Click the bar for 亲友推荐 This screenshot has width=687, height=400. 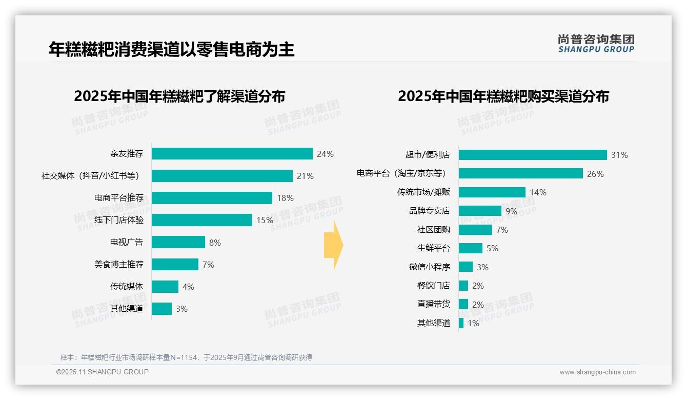click(x=232, y=154)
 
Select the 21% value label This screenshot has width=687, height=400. click(x=305, y=176)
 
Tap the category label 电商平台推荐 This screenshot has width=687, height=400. click(x=119, y=198)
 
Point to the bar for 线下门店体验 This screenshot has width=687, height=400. click(x=201, y=220)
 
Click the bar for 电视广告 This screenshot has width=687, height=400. click(x=178, y=242)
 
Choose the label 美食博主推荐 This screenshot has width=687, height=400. click(x=119, y=265)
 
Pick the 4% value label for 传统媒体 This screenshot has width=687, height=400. click(x=188, y=287)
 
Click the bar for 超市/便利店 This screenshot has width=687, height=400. click(x=533, y=155)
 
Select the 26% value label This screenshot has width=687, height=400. click(x=595, y=174)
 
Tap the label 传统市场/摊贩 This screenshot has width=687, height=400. click(x=423, y=192)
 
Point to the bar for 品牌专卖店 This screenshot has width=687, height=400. click(x=480, y=211)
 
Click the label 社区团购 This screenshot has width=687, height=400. click(x=433, y=230)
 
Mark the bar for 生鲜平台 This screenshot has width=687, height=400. click(x=471, y=248)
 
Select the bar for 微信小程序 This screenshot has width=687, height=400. click(x=466, y=267)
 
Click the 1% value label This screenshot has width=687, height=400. click(x=473, y=323)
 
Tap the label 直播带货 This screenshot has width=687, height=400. click(x=433, y=304)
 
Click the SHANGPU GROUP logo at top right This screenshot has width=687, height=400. click(x=596, y=44)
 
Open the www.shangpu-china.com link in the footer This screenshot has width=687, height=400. click(x=597, y=372)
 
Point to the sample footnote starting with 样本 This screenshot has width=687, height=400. click(x=186, y=357)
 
